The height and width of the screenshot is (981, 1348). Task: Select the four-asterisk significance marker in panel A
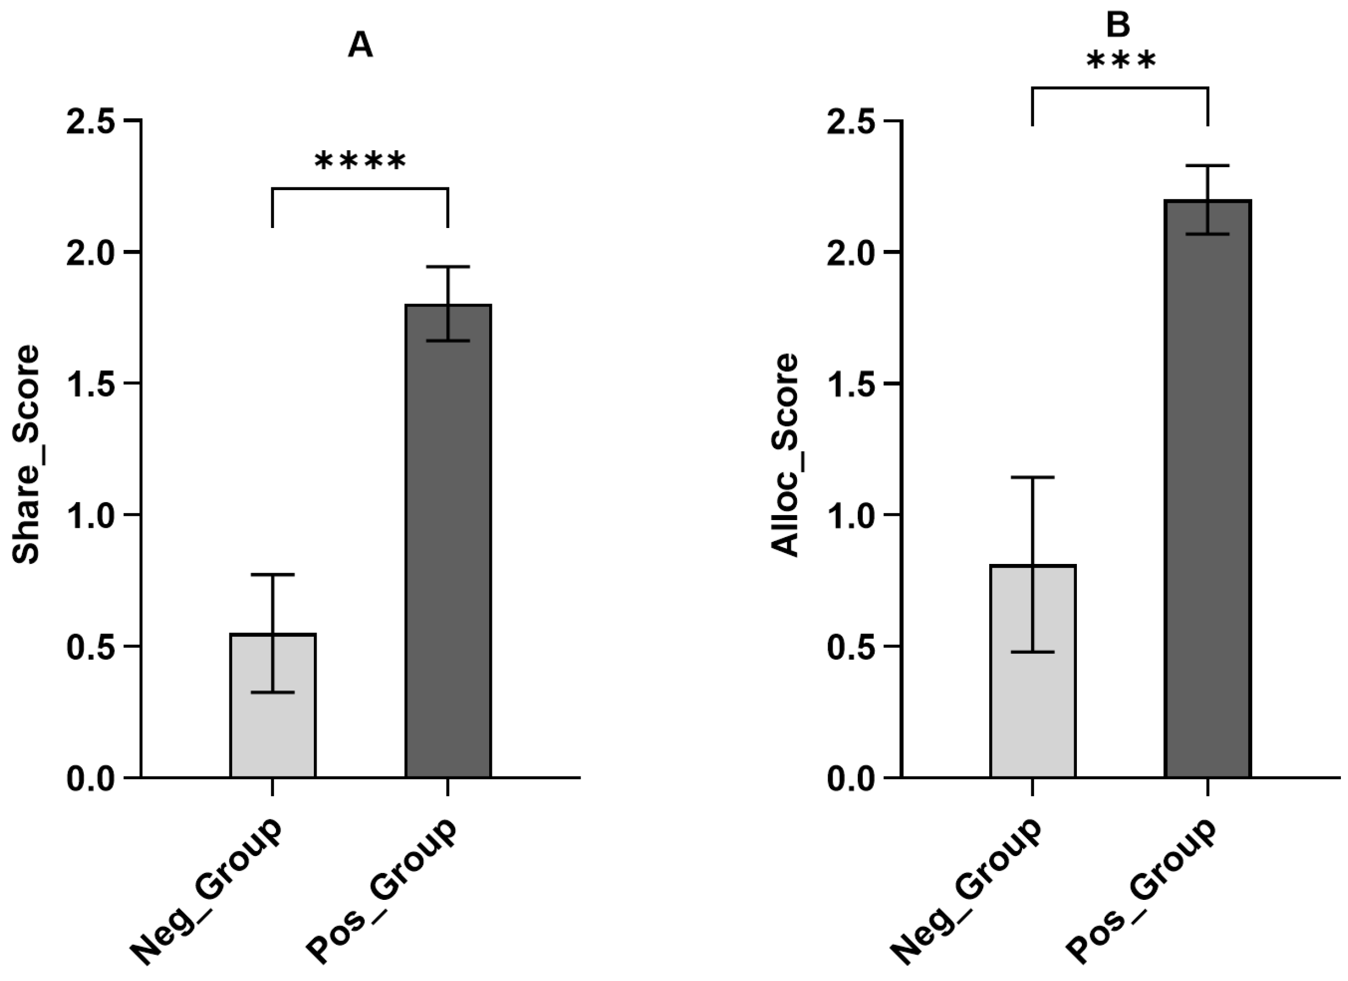click(x=360, y=161)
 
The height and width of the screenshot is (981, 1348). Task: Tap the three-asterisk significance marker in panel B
click(x=1121, y=61)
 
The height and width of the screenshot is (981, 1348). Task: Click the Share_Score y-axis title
click(x=26, y=454)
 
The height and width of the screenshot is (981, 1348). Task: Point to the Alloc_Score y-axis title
click(x=784, y=455)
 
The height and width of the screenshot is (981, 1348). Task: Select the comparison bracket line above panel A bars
click(x=360, y=189)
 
